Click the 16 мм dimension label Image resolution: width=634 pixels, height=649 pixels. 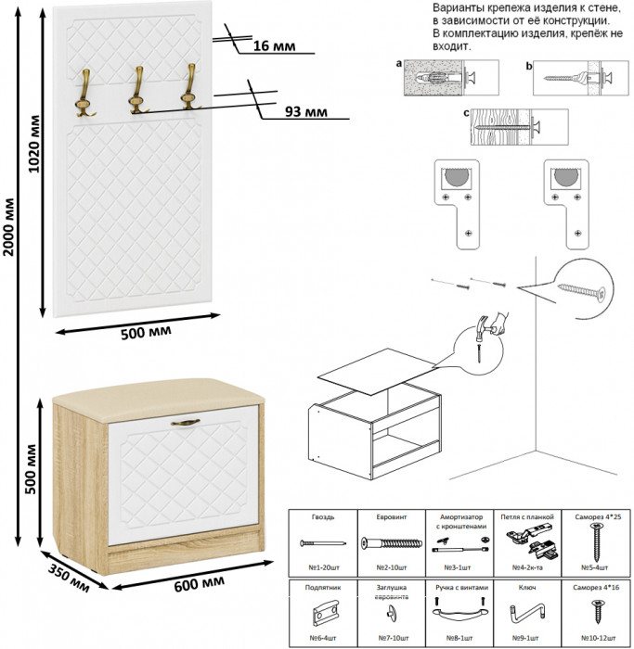[x=273, y=45]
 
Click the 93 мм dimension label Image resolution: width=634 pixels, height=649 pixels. [x=306, y=112]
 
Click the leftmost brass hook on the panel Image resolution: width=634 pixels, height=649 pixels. [x=87, y=93]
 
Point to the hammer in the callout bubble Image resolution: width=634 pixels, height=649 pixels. [x=487, y=325]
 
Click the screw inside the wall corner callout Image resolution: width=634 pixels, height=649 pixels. [x=581, y=291]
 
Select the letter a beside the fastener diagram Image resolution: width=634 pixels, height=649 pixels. [x=398, y=65]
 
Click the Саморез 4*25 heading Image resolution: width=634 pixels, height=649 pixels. [x=594, y=516]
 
